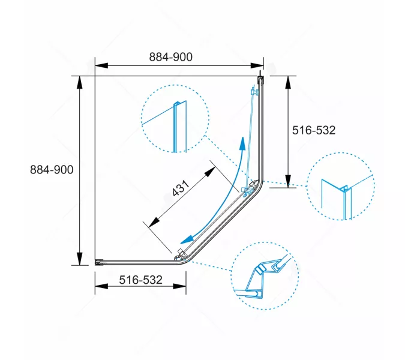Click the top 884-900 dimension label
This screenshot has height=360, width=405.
coord(171,57)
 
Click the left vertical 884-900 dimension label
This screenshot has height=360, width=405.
coord(52,170)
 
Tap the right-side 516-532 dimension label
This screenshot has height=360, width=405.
coord(314,130)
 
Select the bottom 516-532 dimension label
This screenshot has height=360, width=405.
coord(141,280)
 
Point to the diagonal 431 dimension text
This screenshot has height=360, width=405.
coord(181,188)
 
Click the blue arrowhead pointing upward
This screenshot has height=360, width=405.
coord(242,143)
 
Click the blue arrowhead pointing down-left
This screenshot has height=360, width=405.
coord(187,239)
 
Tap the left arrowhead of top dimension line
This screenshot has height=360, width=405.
coord(101,65)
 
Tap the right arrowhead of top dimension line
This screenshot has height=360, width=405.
coord(257,65)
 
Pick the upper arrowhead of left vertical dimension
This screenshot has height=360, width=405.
coord(80,83)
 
